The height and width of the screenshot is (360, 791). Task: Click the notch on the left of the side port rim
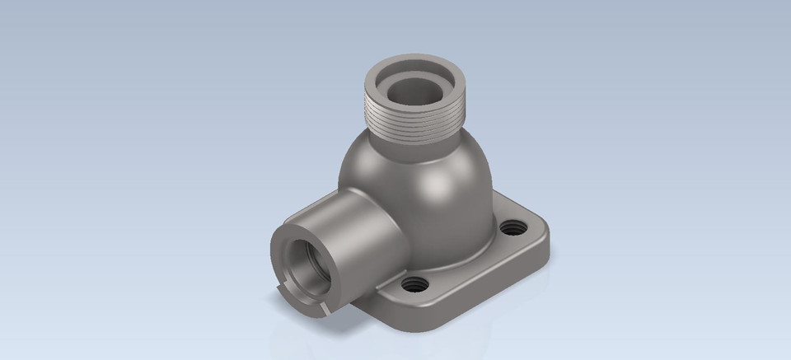pos(273,283)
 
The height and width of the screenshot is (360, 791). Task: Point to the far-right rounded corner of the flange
pos(544,234)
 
